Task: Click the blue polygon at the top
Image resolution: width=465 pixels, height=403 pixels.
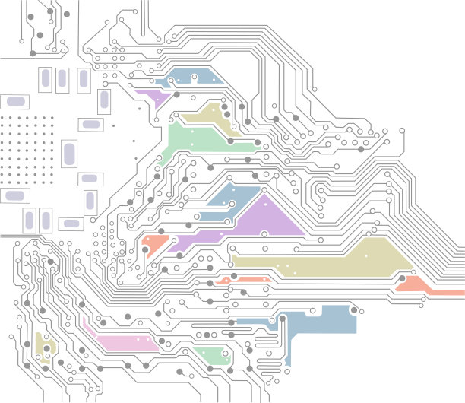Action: click(x=190, y=77)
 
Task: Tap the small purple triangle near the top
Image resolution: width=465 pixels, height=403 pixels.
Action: click(x=156, y=97)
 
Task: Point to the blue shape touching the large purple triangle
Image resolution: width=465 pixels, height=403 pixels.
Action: click(x=232, y=197)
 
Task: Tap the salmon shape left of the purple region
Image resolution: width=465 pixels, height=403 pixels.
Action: click(x=153, y=243)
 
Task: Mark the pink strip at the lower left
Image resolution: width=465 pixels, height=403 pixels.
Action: click(x=122, y=341)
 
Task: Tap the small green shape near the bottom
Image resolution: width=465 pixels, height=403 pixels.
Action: click(x=212, y=353)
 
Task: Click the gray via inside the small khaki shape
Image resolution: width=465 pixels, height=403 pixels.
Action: click(x=46, y=349)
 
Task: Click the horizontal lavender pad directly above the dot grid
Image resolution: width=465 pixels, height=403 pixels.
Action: click(x=14, y=101)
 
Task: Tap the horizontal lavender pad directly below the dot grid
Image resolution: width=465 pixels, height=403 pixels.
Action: click(x=14, y=195)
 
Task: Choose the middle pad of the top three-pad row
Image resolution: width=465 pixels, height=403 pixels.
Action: click(x=62, y=78)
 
